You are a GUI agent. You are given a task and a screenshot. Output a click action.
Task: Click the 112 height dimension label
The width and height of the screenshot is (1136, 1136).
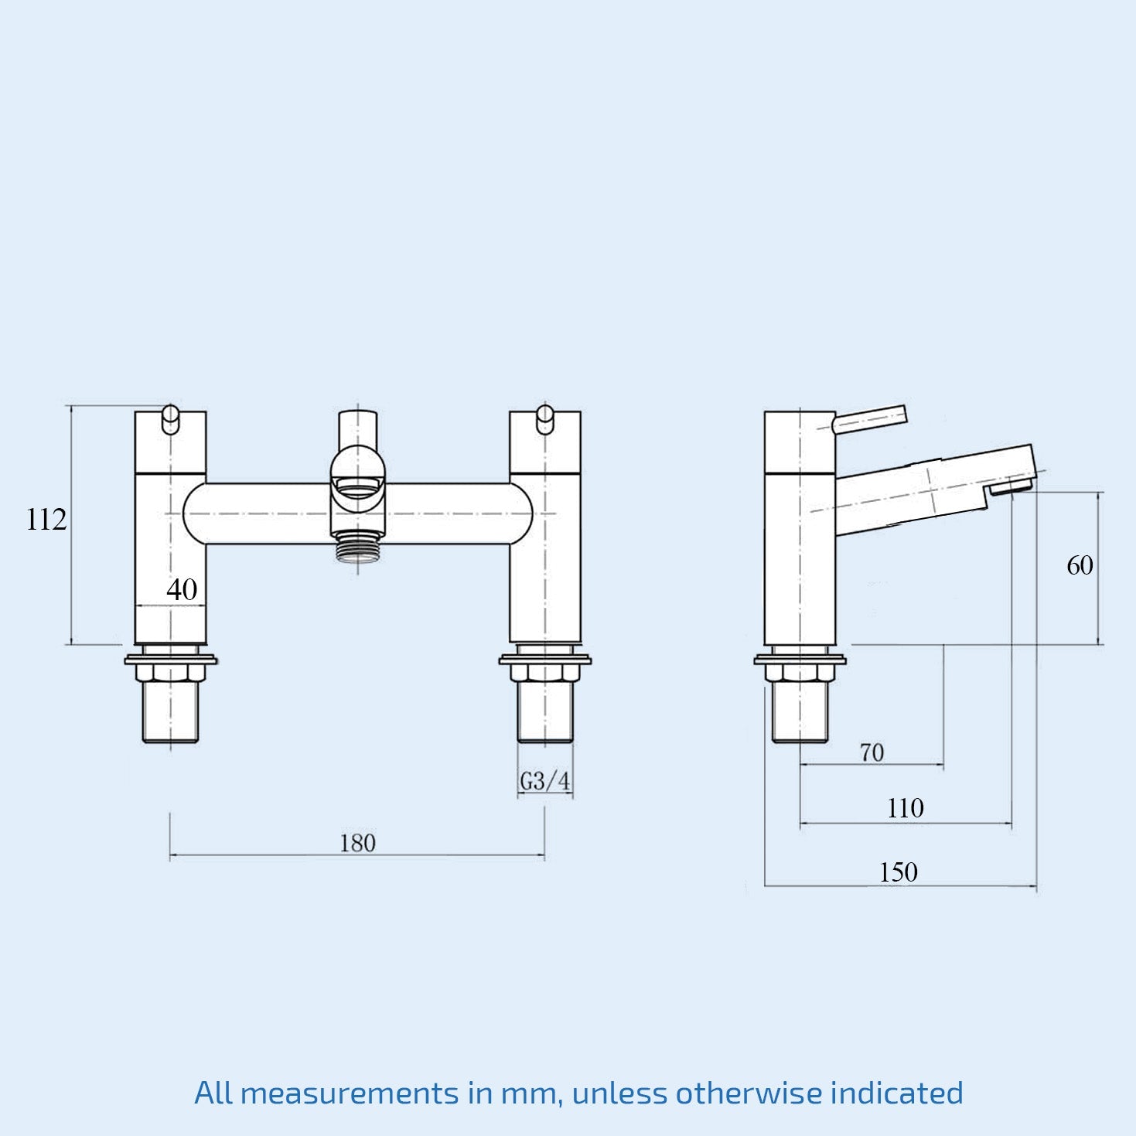[x=46, y=520]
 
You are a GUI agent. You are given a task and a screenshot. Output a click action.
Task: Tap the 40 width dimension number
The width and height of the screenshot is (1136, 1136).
[x=182, y=590]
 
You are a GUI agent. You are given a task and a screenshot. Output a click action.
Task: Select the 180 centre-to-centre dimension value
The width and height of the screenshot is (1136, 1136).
[x=357, y=843]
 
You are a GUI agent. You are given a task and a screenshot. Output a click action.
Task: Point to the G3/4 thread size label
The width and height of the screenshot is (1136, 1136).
[x=544, y=782]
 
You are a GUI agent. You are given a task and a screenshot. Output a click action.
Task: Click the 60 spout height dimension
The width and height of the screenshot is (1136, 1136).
[x=1080, y=566]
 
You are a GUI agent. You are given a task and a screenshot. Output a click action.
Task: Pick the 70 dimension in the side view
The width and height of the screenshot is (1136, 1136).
[x=872, y=752]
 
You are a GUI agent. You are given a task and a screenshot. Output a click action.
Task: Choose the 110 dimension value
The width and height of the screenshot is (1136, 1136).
[x=905, y=809]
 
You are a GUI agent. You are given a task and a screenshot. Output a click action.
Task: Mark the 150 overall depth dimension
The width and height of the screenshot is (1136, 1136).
[x=898, y=872]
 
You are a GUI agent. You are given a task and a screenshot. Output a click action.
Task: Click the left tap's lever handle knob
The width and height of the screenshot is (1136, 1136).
[x=171, y=419]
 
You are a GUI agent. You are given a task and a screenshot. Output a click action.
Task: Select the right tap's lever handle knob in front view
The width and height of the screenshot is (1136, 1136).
[x=545, y=419]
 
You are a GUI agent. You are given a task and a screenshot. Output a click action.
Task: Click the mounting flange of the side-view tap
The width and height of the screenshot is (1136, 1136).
[x=800, y=660]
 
